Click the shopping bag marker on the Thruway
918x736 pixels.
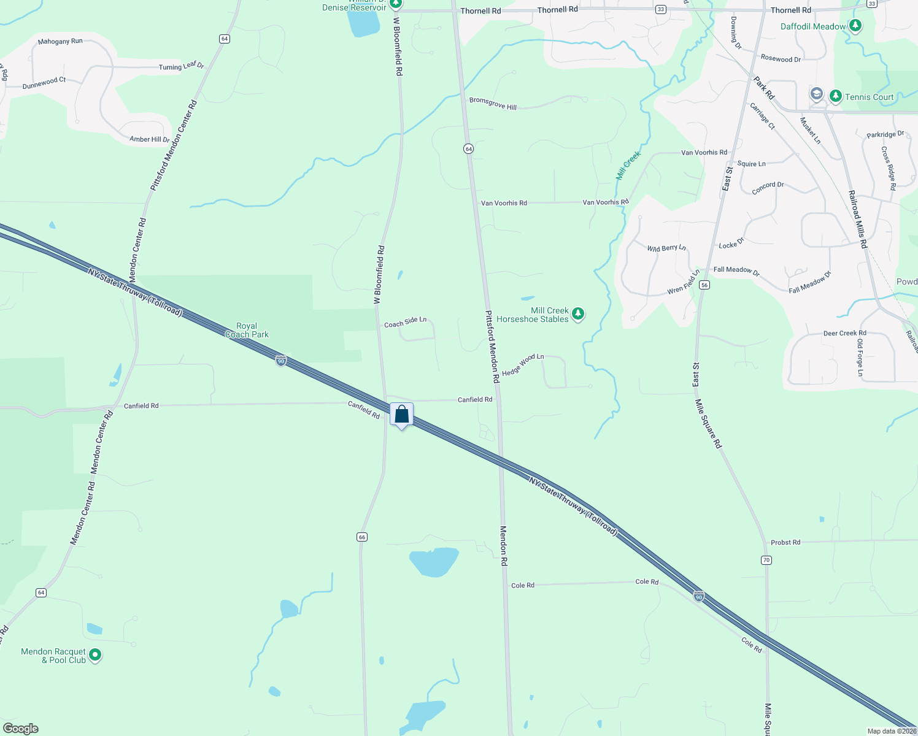pyautogui.click(x=401, y=415)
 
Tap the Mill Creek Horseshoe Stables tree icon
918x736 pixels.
pyautogui.click(x=577, y=314)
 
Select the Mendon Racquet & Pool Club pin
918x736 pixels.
pyautogui.click(x=95, y=655)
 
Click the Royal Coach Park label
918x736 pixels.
pyautogui.click(x=247, y=330)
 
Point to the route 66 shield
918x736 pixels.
pyautogui.click(x=362, y=537)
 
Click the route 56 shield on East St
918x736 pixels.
pyautogui.click(x=704, y=285)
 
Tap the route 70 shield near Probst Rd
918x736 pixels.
pyautogui.click(x=766, y=560)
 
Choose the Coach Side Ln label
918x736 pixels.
pyautogui.click(x=405, y=321)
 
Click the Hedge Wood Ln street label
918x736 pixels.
pyautogui.click(x=523, y=364)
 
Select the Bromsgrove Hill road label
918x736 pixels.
pyautogui.click(x=493, y=104)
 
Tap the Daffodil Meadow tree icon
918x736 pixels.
pyautogui.click(x=855, y=26)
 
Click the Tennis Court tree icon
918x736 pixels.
pyautogui.click(x=835, y=96)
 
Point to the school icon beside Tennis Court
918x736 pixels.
pyautogui.click(x=816, y=94)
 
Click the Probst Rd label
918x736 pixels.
pyautogui.click(x=785, y=542)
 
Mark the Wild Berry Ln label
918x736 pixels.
pyautogui.click(x=666, y=248)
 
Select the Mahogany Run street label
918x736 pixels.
pyautogui.click(x=60, y=42)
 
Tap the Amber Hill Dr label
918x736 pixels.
pyautogui.click(x=149, y=139)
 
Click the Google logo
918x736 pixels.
pyautogui.click(x=21, y=729)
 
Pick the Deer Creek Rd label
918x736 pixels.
pyautogui.click(x=844, y=333)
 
